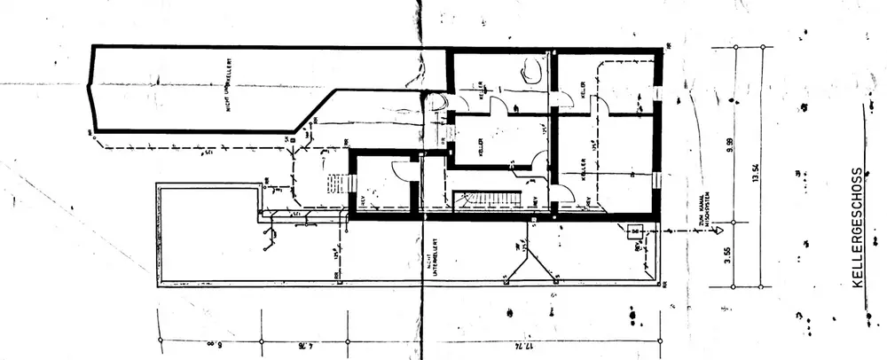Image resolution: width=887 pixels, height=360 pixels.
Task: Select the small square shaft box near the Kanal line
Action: (634, 233)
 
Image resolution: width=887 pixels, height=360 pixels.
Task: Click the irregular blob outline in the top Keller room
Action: (533, 70)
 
